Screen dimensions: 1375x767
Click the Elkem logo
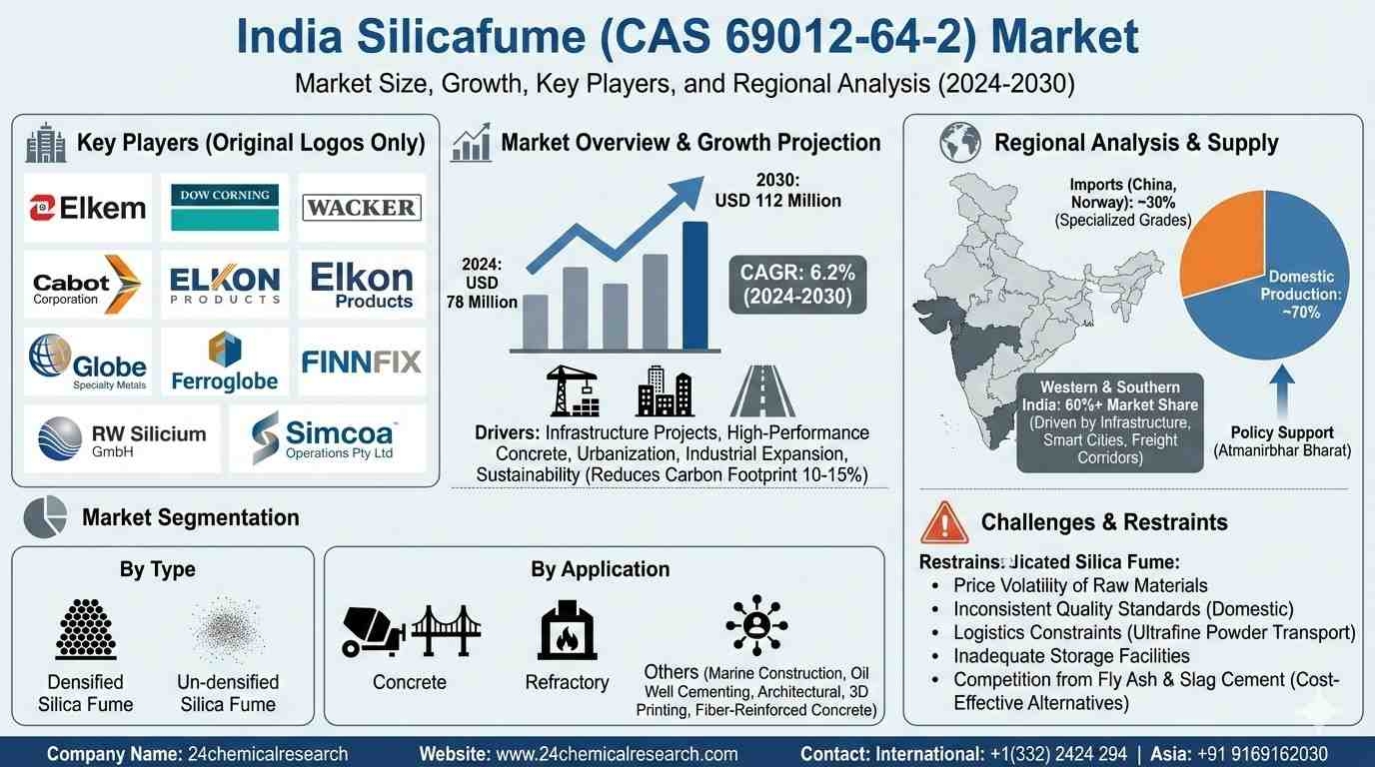(88, 208)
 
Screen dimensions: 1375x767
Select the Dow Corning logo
(225, 207)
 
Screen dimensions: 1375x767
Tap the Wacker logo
(362, 208)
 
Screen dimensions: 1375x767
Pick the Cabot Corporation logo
(87, 285)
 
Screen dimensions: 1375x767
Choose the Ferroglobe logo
(225, 362)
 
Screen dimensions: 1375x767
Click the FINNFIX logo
(362, 362)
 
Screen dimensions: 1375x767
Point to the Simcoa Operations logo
(323, 438)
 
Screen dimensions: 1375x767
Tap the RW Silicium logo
(122, 438)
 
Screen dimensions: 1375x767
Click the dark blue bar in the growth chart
(694, 286)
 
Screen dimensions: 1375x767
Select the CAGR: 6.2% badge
(797, 285)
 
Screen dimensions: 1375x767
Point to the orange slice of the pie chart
(1221, 244)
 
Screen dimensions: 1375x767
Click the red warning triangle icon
(944, 522)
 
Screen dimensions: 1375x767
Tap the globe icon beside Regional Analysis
(960, 143)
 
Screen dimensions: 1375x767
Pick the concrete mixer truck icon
(373, 631)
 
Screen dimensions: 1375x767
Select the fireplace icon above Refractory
(567, 630)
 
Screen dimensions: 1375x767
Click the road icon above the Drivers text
(762, 391)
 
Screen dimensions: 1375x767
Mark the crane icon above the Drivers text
(573, 390)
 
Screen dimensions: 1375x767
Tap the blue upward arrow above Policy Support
(1282, 391)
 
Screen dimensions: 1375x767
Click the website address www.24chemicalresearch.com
(617, 753)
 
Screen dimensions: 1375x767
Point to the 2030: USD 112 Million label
(777, 190)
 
